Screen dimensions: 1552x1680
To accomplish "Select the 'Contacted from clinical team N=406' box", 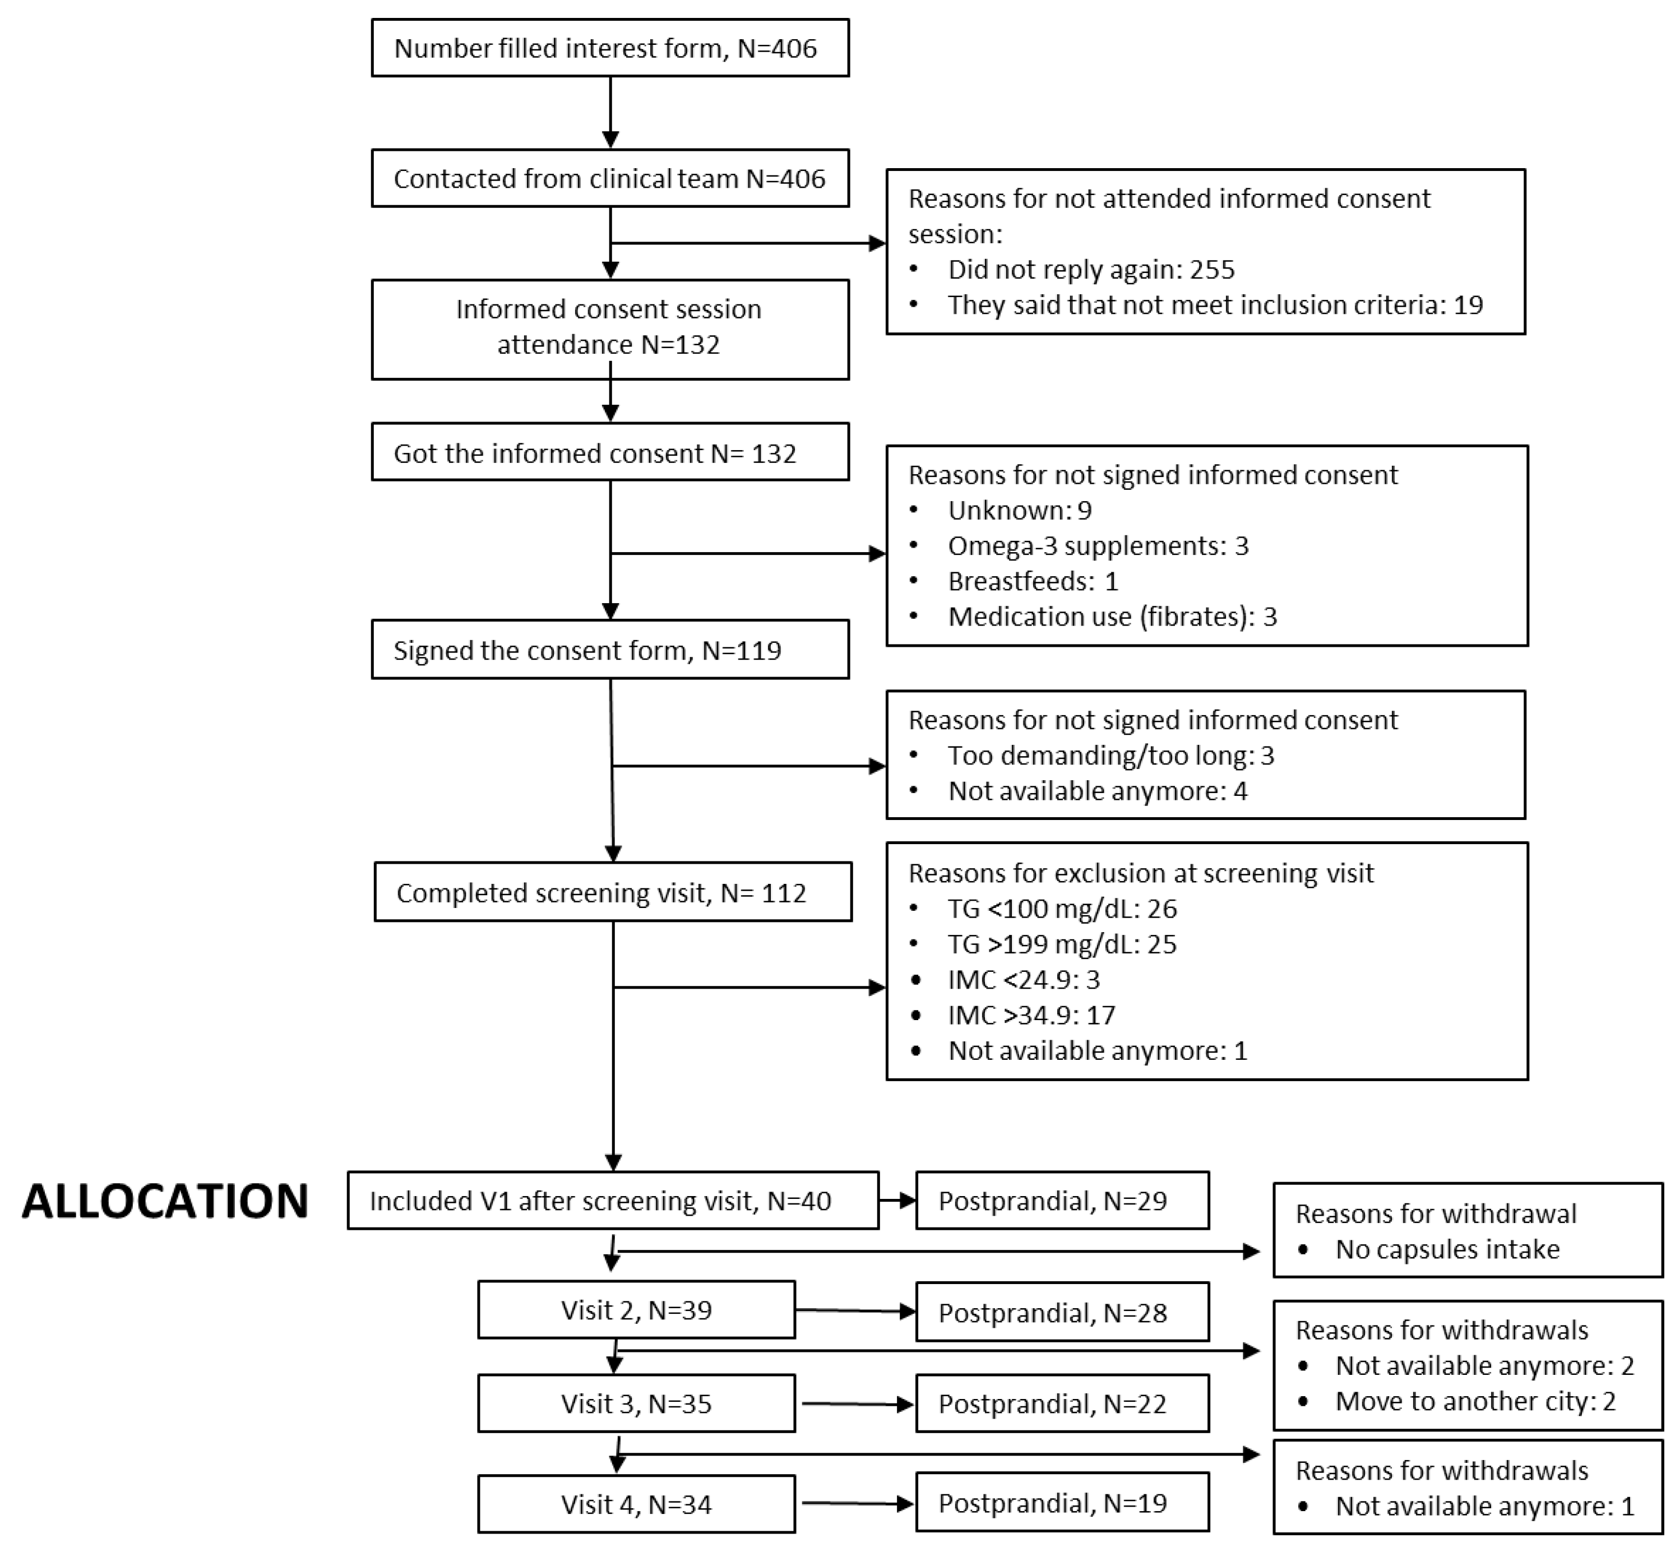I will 610,179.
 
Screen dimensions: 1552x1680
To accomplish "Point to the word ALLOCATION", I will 165,1201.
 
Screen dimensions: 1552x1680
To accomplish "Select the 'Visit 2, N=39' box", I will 636,1310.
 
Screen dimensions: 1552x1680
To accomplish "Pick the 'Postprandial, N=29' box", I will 1062,1201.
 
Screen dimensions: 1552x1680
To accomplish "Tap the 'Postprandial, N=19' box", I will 1062,1503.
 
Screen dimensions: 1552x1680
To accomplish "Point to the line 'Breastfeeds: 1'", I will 1033,581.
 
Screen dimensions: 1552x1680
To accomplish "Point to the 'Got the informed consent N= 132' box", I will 610,453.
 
